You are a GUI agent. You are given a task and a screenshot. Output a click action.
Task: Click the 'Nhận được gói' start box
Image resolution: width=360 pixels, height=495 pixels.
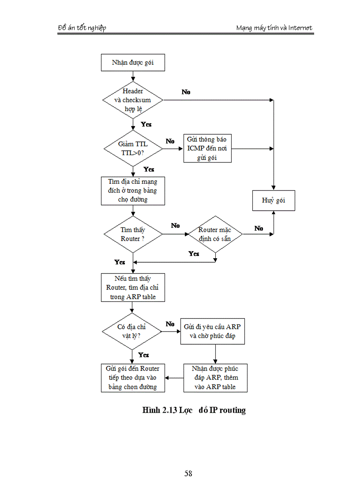point(133,63)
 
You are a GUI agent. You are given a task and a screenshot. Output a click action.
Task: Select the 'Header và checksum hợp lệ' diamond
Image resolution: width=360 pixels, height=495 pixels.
point(133,100)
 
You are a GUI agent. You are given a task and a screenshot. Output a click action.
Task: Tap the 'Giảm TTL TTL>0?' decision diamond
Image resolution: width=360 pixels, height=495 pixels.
point(133,148)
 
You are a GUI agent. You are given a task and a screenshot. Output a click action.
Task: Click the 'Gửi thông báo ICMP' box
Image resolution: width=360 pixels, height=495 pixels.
point(207,149)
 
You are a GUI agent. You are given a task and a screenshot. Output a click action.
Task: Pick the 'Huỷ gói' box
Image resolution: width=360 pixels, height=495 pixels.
point(274,200)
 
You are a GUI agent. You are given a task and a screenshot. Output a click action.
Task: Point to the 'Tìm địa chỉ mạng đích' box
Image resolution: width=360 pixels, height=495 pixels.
point(133,190)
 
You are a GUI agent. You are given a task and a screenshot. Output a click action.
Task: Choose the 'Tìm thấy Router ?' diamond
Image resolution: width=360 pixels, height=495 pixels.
point(133,234)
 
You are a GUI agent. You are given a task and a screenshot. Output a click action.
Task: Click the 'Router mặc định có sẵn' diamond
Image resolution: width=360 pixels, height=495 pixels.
point(215,234)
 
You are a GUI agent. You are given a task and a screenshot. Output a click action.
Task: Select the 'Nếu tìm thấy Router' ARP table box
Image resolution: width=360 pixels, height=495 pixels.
point(133,288)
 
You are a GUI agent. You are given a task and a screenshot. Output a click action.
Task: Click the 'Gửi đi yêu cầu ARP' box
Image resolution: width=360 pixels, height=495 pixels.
point(212,331)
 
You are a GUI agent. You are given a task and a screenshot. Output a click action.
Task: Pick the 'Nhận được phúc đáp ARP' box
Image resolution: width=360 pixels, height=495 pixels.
point(215,378)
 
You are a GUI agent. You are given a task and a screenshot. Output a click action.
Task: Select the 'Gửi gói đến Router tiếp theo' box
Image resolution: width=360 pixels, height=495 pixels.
point(133,378)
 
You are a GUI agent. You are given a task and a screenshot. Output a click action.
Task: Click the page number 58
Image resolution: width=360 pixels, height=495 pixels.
point(188,474)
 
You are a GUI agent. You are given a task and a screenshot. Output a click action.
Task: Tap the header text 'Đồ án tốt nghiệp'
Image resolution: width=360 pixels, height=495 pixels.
point(82,28)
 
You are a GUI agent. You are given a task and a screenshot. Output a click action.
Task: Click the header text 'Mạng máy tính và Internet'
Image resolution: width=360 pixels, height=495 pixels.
point(274,28)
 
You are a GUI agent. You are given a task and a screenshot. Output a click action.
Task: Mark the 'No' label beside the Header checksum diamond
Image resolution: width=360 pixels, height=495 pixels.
point(186,92)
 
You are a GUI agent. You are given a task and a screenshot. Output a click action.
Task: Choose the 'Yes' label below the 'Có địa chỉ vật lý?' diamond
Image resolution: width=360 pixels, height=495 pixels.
point(143,355)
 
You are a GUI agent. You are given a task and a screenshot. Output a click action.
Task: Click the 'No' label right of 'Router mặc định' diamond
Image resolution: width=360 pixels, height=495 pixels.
point(259,228)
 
